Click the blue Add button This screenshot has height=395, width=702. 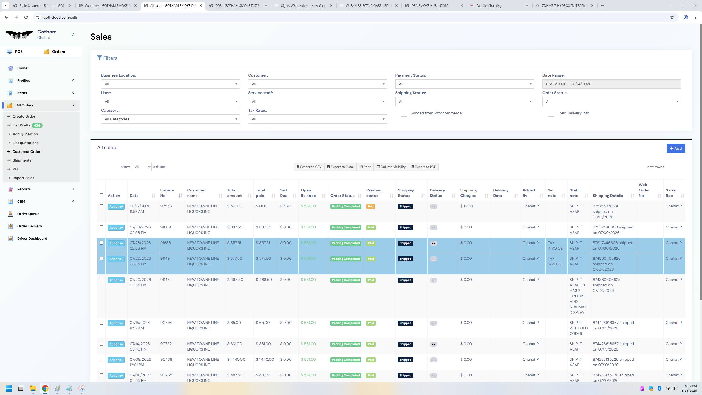click(x=676, y=148)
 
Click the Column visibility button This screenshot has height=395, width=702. click(x=391, y=167)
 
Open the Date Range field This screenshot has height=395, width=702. click(x=612, y=84)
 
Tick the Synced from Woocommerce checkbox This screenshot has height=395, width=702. click(x=404, y=114)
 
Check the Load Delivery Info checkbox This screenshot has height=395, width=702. click(x=551, y=114)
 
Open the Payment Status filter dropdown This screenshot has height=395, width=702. click(x=465, y=84)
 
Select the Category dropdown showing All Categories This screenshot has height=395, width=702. click(x=170, y=119)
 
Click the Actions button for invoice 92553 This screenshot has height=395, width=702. click(x=116, y=207)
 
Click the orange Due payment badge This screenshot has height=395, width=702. click(x=370, y=207)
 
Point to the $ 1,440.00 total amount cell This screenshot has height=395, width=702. click(x=236, y=359)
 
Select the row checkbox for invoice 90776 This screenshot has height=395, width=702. click(x=101, y=323)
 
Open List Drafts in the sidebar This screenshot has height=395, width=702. click(x=21, y=125)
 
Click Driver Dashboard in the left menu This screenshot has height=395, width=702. click(x=32, y=239)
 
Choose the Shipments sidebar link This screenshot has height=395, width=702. click(x=22, y=160)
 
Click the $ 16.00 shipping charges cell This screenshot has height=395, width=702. click(x=466, y=206)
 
